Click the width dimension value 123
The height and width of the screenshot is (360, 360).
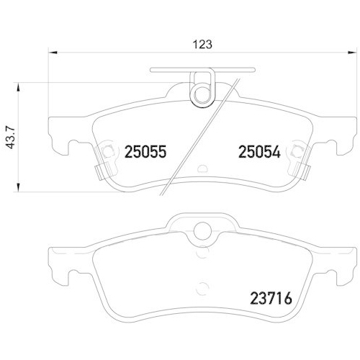pos(203,43)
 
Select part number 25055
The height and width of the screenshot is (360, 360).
pos(145,152)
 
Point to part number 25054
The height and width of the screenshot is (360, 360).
pos(259,152)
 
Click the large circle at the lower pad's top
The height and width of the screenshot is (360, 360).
pos(202,231)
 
